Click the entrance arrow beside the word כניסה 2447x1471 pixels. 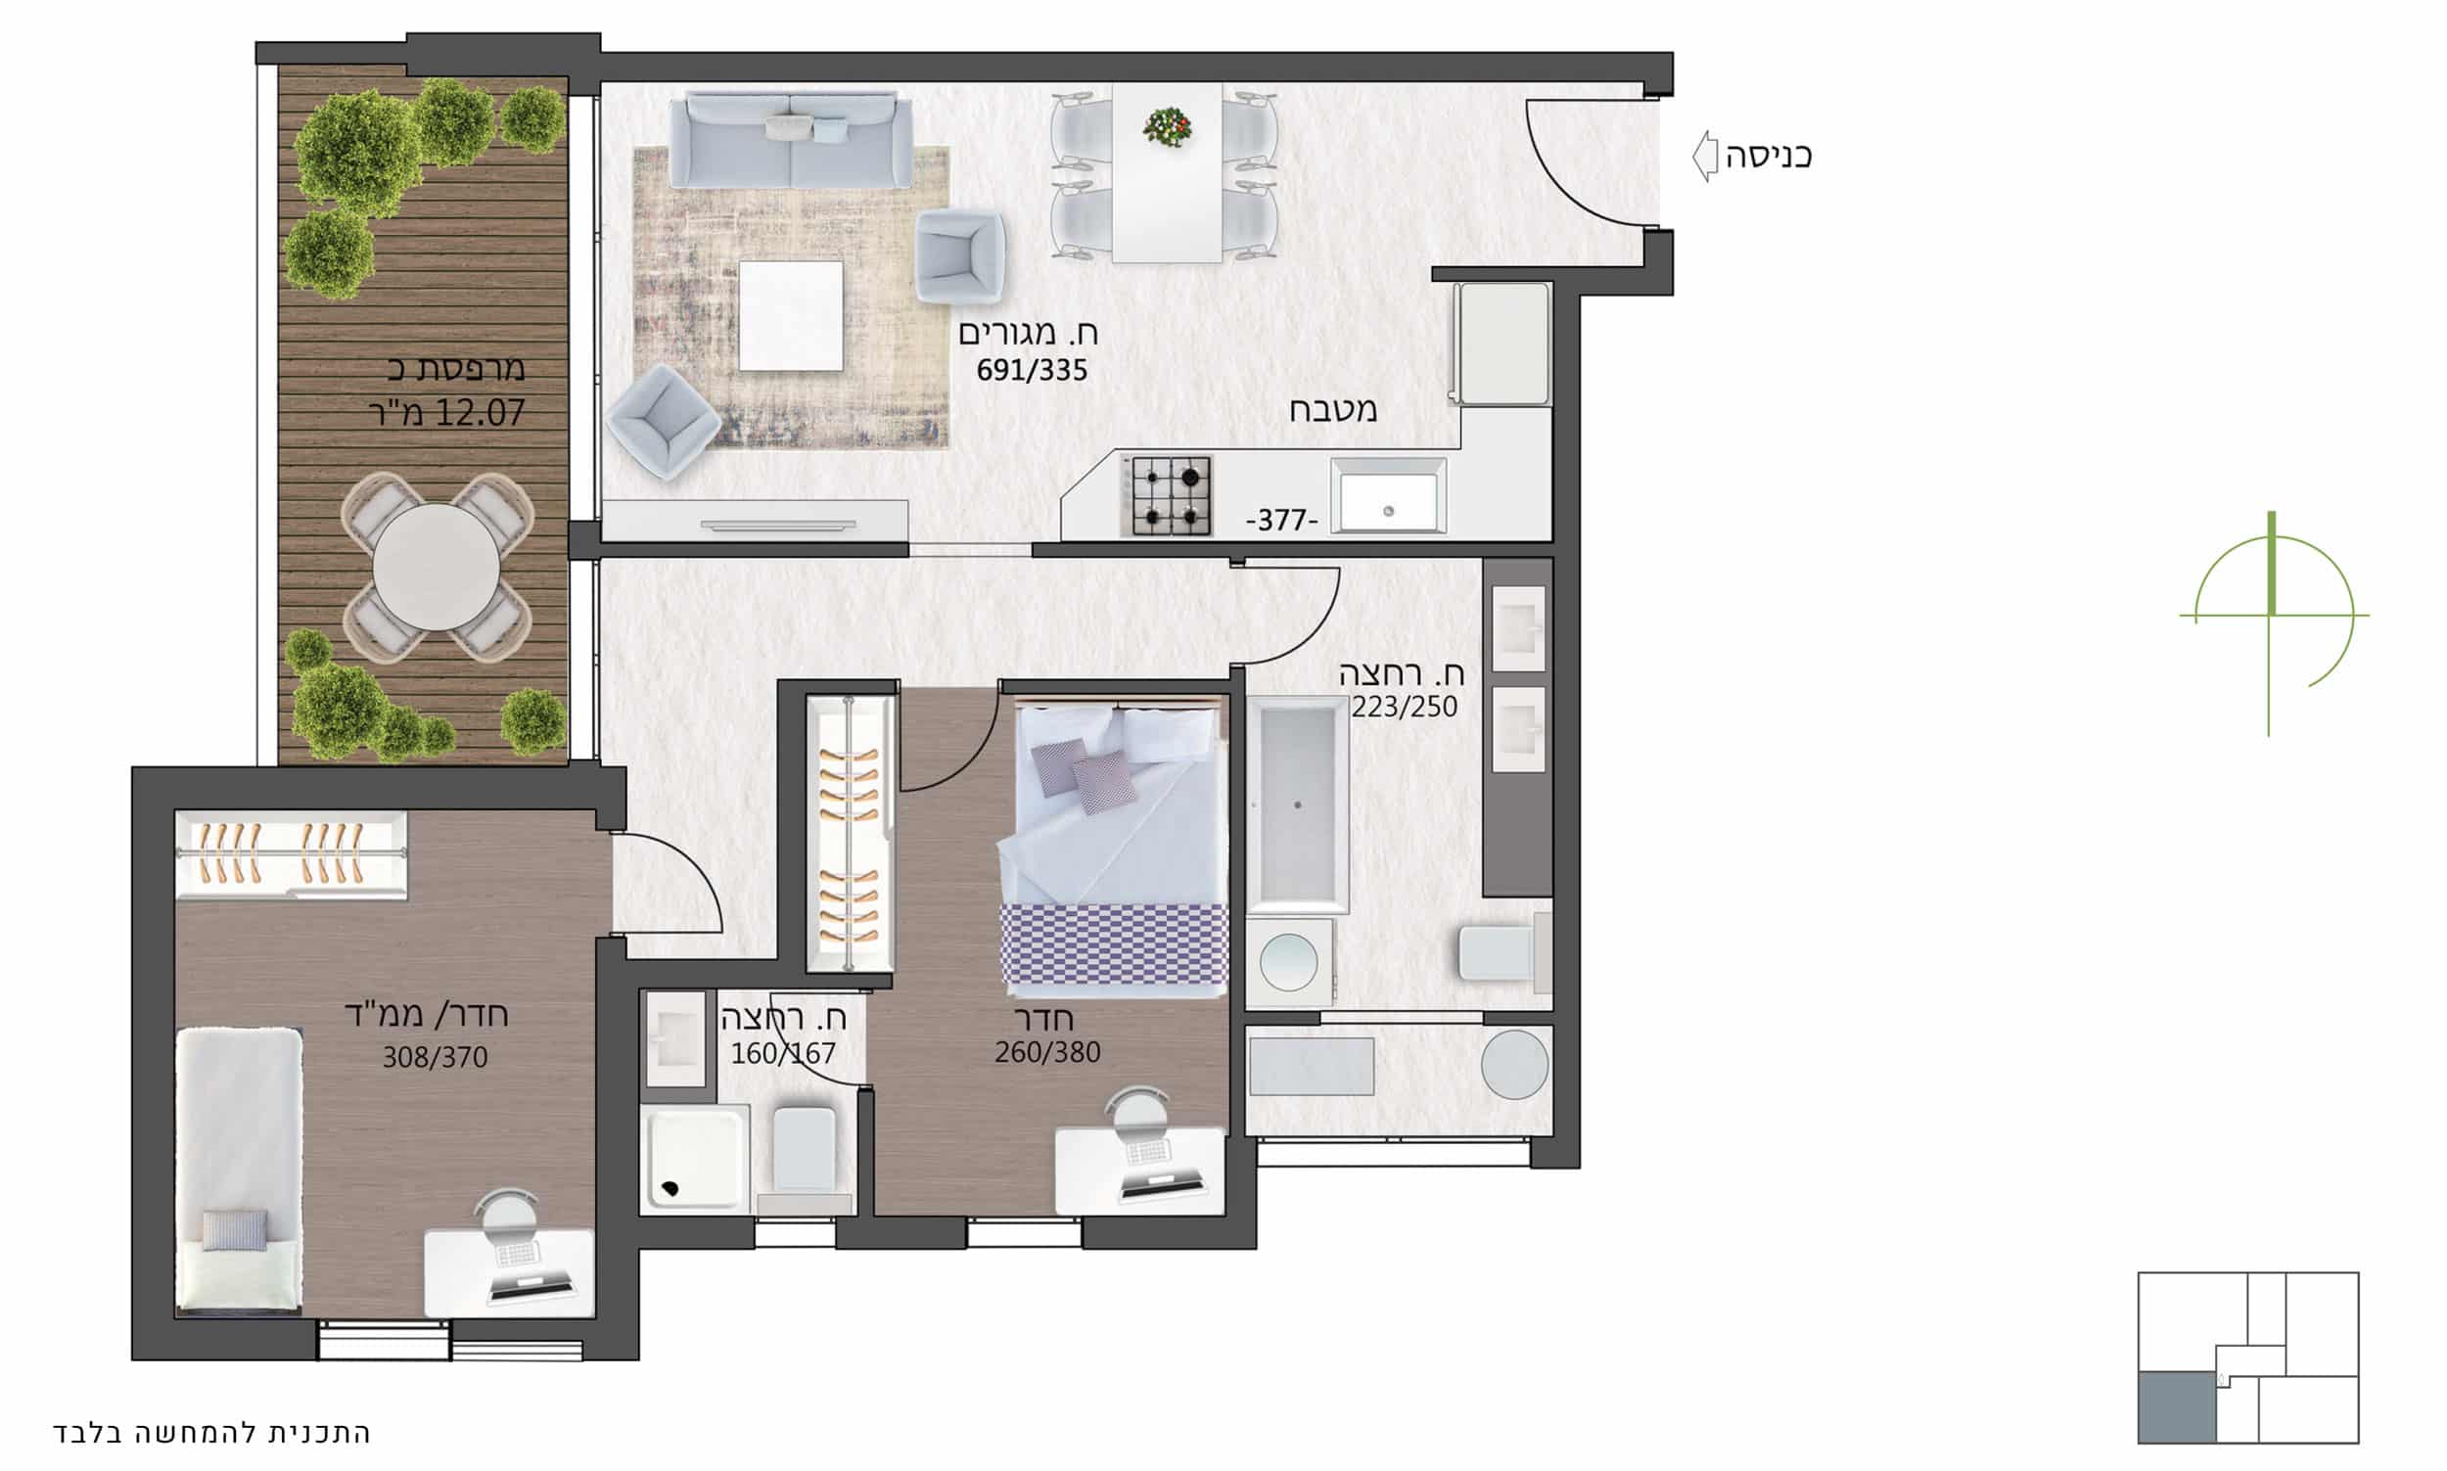(1705, 156)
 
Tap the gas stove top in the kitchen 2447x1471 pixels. (1167, 495)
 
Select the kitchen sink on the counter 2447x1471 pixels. (1388, 495)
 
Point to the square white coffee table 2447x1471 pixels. (791, 316)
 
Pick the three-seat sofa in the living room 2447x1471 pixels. (791, 140)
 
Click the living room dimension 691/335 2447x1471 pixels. (1032, 371)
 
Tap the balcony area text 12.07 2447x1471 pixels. (479, 413)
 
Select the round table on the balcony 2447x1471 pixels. (438, 566)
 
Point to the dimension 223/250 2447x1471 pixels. (1405, 707)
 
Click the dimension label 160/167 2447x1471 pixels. (783, 1053)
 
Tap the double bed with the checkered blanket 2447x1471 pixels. (1114, 848)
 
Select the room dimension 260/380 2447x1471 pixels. (1047, 1052)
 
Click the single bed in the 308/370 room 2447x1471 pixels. (239, 1171)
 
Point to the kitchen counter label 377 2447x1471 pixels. (1282, 520)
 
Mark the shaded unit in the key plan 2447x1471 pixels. (2177, 1407)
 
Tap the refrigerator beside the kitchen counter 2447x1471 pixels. (1501, 344)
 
